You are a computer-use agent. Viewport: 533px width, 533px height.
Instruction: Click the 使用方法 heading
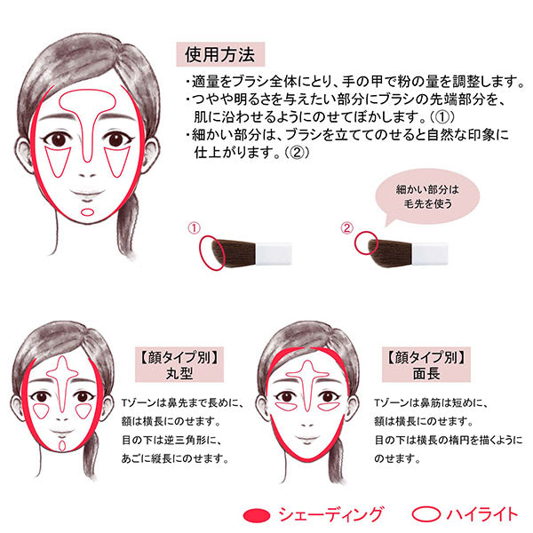tap(220, 54)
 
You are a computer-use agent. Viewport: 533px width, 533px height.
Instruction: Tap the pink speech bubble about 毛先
tap(427, 196)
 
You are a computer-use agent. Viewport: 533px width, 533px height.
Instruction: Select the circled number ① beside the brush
tap(194, 227)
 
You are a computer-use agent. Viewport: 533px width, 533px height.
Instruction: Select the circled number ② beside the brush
tap(346, 227)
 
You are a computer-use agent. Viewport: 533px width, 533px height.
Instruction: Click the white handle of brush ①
tap(274, 253)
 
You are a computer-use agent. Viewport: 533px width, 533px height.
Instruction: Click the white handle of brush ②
tap(429, 253)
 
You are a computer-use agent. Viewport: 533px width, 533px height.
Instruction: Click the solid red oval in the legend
tap(257, 515)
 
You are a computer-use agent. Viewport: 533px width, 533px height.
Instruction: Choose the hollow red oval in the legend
tap(426, 514)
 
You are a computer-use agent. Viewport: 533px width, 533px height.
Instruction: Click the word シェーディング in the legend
tap(331, 514)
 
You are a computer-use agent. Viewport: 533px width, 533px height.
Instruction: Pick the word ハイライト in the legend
tap(482, 514)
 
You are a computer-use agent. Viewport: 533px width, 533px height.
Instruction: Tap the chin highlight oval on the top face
tap(88, 212)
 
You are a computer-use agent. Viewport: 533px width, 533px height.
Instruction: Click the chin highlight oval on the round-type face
tap(62, 446)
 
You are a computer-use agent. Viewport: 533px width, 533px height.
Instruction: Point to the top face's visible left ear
tap(23, 153)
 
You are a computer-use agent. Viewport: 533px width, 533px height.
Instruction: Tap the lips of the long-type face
tap(307, 439)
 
